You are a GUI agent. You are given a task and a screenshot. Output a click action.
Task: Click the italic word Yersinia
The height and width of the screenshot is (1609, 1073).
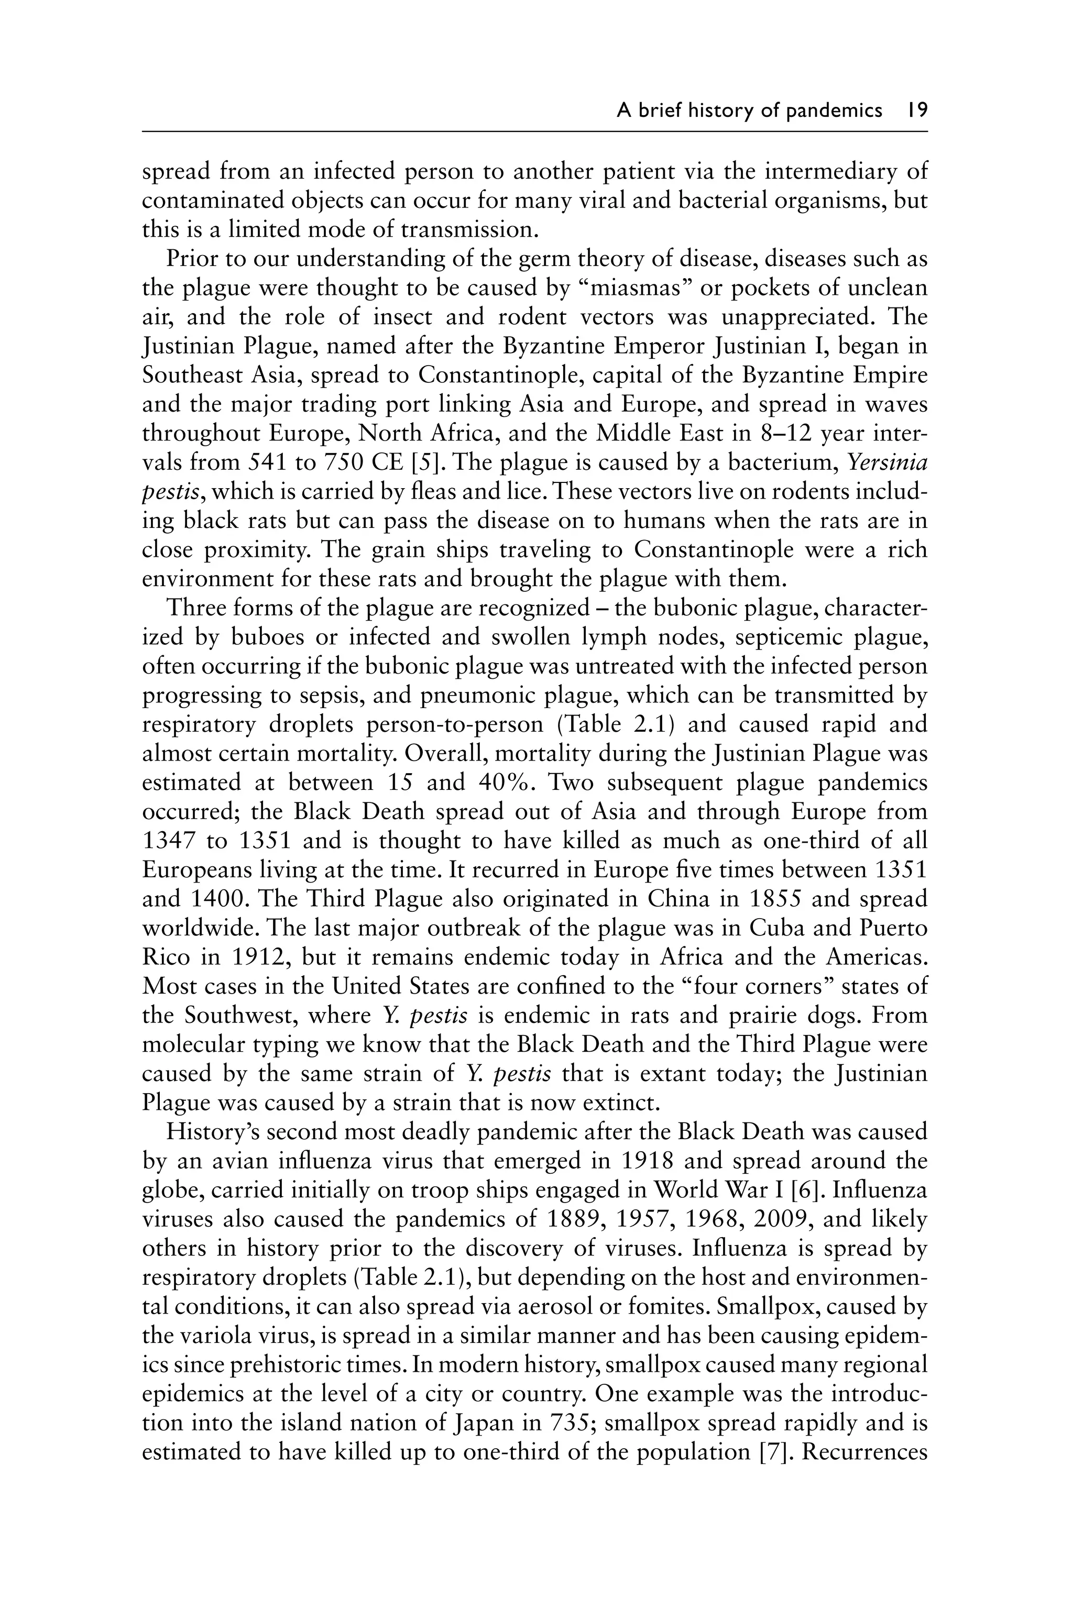tap(887, 462)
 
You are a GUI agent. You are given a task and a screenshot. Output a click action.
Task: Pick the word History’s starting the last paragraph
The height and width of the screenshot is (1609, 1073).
tap(212, 1131)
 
